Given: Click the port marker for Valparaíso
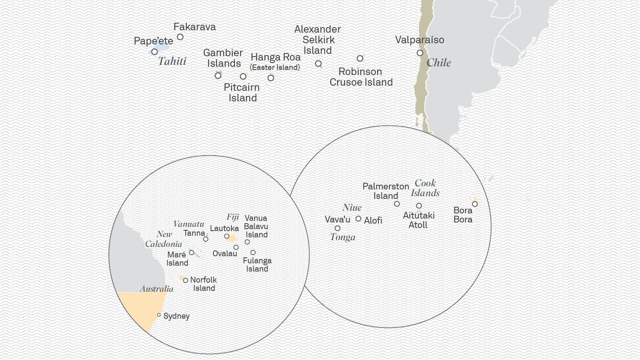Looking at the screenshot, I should pyautogui.click(x=420, y=53).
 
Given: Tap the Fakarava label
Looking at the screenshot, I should pyautogui.click(x=194, y=27).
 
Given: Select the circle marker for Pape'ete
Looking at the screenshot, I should pyautogui.click(x=154, y=52).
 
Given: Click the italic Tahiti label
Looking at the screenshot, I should pyautogui.click(x=172, y=61).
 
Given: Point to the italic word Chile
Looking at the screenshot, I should pyautogui.click(x=438, y=63).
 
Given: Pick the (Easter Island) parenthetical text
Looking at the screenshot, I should pyautogui.click(x=275, y=68).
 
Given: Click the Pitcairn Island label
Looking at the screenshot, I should pyautogui.click(x=242, y=93).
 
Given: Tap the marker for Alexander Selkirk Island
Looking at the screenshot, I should pyautogui.click(x=318, y=64).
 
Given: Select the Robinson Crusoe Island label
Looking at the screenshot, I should pyautogui.click(x=361, y=77).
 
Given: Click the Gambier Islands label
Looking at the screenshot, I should pyautogui.click(x=223, y=58).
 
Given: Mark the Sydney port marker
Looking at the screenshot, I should pyautogui.click(x=159, y=315).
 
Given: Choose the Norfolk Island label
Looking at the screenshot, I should pyautogui.click(x=204, y=284).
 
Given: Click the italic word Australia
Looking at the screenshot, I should pyautogui.click(x=157, y=289).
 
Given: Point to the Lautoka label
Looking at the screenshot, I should pyautogui.click(x=224, y=228).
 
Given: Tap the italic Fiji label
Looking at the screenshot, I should pyautogui.click(x=233, y=217).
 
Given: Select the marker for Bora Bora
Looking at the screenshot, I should pyautogui.click(x=475, y=204).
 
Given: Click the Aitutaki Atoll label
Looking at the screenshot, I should pyautogui.click(x=418, y=220).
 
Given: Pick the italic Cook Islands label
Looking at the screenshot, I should pyautogui.click(x=425, y=188).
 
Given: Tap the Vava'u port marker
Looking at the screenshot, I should pyautogui.click(x=337, y=228).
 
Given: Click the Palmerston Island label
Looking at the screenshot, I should pyautogui.click(x=385, y=191).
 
